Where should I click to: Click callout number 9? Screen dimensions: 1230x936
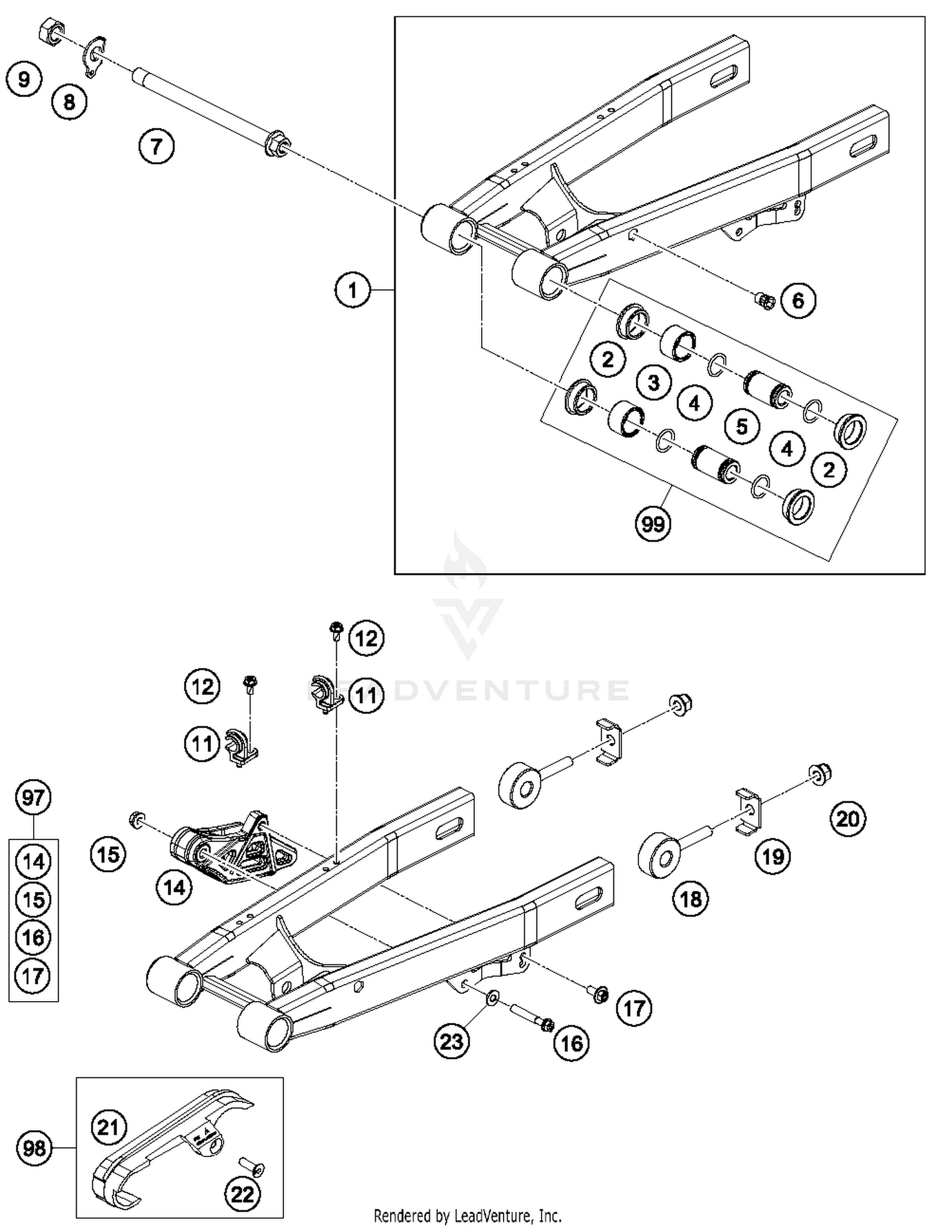point(24,79)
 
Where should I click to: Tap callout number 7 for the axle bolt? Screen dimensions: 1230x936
point(156,147)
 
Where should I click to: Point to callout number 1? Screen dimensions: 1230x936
point(353,290)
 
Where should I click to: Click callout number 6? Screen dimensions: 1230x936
point(798,301)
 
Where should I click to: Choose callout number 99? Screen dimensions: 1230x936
point(653,523)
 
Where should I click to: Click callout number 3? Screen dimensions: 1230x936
point(653,382)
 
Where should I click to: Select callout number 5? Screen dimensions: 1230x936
point(741,427)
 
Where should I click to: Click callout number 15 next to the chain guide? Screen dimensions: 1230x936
point(108,854)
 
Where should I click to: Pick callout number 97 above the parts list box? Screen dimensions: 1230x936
point(33,797)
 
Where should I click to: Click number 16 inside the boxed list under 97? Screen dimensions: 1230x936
point(33,937)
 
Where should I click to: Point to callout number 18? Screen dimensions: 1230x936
point(691,899)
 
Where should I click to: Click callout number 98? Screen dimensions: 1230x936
point(34,1147)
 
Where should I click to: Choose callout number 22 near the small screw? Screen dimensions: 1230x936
point(242,1194)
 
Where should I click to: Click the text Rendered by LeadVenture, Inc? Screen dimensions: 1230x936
point(467,1216)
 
